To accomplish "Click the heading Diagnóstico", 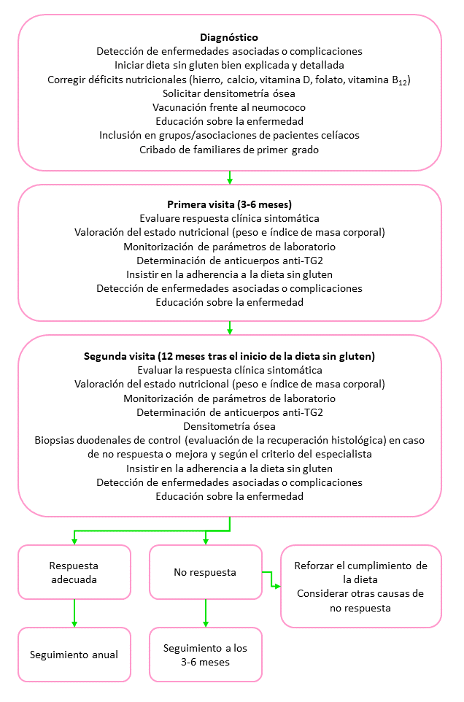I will [229, 37].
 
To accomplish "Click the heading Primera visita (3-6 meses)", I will [229, 204].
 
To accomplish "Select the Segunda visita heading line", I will [229, 357].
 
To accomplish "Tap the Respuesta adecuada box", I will [74, 572].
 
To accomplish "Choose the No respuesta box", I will [205, 572].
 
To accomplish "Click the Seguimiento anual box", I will [74, 654].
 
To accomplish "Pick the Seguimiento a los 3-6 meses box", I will [205, 655].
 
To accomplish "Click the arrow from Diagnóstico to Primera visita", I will [230, 177].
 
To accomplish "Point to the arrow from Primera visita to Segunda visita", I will [230, 327].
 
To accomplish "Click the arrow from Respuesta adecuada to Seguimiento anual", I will [74, 613].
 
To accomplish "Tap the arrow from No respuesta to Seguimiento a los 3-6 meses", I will [206, 613].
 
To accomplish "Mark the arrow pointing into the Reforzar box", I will [274, 585].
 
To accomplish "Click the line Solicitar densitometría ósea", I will [229, 93].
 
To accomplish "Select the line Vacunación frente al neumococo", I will [229, 107].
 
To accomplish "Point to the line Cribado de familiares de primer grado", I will [229, 150].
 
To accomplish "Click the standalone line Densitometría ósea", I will [229, 426].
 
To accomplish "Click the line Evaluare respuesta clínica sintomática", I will [229, 218].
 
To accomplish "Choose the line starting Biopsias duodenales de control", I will [229, 440].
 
